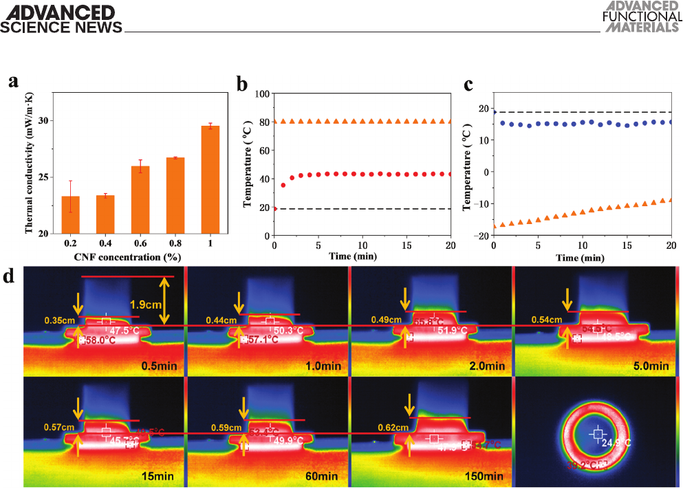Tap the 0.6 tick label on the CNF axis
[140, 243]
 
